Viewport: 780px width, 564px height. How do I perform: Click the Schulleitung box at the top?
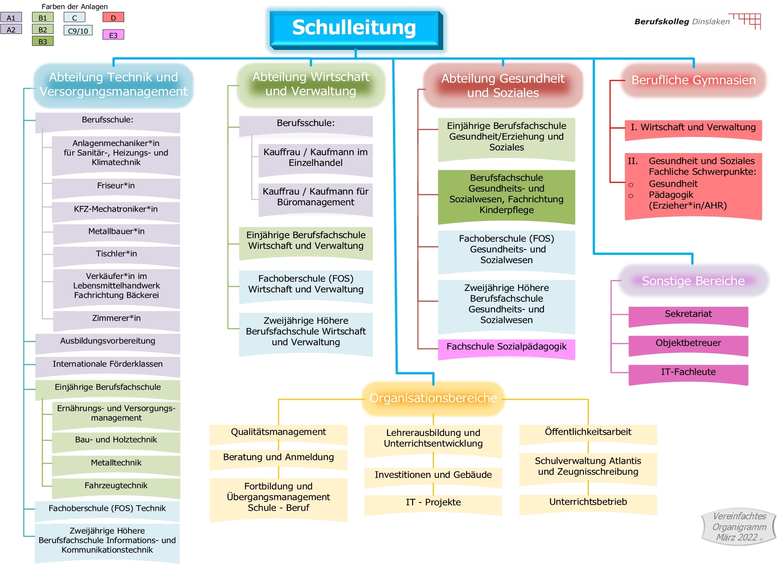tap(354, 28)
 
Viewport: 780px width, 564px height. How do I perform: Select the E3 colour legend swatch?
tap(113, 35)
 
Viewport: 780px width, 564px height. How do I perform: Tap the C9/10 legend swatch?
tap(78, 31)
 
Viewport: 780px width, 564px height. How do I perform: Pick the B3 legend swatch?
tap(43, 41)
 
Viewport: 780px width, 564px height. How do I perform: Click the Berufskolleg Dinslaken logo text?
tap(682, 22)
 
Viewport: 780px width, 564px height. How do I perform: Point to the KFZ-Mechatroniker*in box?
tap(116, 210)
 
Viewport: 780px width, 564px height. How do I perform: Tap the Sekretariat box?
tap(688, 315)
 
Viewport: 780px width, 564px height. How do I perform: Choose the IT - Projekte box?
tap(433, 503)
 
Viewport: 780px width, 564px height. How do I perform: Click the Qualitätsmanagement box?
tap(278, 432)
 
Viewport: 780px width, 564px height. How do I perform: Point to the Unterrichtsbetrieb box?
tap(588, 503)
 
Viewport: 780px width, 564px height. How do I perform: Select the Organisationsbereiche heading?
tap(433, 398)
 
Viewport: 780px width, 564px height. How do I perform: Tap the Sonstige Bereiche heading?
tap(693, 281)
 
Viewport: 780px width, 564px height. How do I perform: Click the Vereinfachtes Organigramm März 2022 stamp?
tap(739, 527)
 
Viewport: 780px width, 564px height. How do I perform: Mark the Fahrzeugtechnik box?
tap(116, 486)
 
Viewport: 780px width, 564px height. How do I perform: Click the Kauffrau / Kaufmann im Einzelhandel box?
tap(315, 158)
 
